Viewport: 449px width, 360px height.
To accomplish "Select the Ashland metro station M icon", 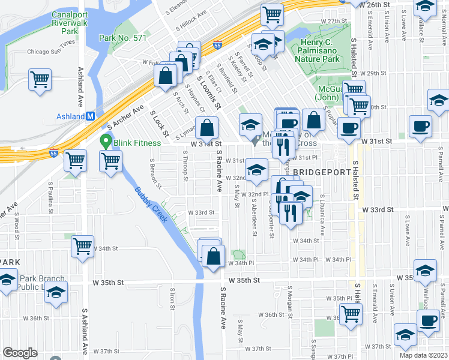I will pos(90,116).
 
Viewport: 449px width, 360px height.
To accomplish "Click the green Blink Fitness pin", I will pos(106,142).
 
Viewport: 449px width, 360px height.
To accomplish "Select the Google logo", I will pos(20,352).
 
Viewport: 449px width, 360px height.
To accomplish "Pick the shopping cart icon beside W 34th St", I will pos(83,246).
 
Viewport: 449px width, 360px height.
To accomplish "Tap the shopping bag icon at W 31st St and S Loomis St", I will pos(206,128).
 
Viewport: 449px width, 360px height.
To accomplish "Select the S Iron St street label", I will pos(172,298).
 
